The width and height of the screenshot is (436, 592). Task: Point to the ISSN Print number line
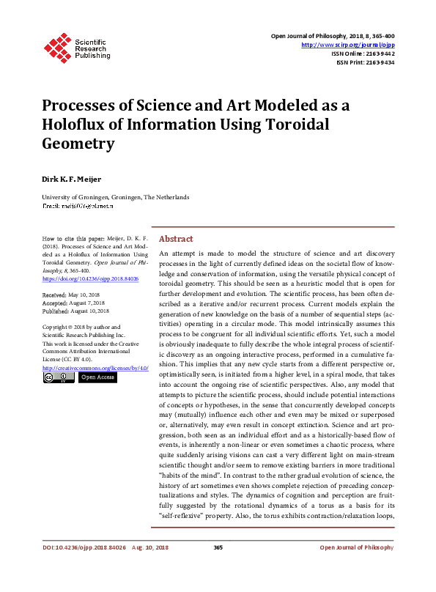(366, 62)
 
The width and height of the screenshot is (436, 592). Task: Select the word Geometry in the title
(78, 143)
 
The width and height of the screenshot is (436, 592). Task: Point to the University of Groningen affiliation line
(116, 197)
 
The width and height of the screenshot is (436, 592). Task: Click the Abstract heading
(176, 239)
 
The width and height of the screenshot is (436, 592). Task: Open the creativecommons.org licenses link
(95, 368)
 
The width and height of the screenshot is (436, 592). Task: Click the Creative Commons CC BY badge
(58, 377)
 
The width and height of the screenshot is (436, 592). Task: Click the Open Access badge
(97, 377)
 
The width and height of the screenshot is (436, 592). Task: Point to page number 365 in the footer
(218, 569)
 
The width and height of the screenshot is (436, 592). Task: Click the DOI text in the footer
(84, 569)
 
